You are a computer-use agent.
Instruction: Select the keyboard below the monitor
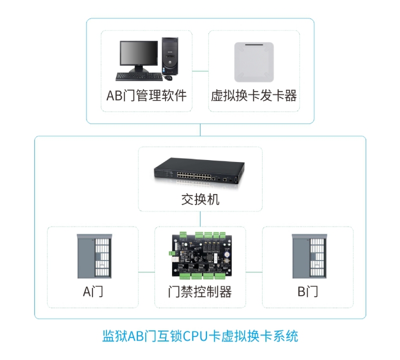[x=138, y=76]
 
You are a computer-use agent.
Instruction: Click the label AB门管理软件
[x=146, y=95]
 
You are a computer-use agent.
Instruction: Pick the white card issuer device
[x=254, y=62]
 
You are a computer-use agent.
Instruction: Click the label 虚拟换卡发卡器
[x=254, y=95]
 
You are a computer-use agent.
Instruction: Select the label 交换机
[x=200, y=200]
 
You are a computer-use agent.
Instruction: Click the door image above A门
[x=93, y=255]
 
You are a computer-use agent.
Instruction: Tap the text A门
[x=93, y=291]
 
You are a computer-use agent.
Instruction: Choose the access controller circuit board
[x=200, y=255]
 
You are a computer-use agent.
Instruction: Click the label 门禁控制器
[x=200, y=291]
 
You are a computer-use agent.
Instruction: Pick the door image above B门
[x=307, y=255]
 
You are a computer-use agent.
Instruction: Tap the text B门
[x=307, y=291]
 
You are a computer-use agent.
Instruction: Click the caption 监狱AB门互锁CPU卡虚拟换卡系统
[x=200, y=335]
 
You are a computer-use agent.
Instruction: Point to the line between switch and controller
[x=200, y=218]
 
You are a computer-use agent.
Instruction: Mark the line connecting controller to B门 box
[x=254, y=272]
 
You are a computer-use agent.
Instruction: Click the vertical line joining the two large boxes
[x=200, y=129]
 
